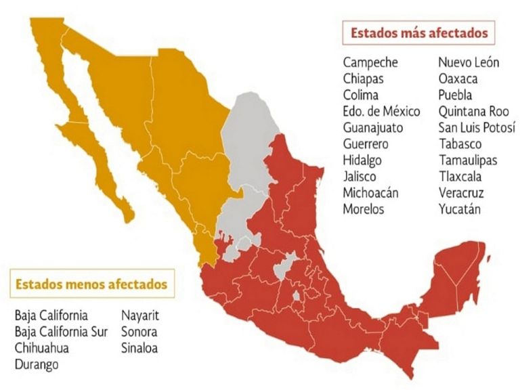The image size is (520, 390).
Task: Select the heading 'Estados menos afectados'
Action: coord(91,284)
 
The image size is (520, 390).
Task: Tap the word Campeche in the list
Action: coord(370,62)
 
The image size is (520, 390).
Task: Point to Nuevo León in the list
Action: coord(469,62)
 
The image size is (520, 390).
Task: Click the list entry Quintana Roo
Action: coord(473,111)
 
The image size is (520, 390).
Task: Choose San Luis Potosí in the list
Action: coord(477,127)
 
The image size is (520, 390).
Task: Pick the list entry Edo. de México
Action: coord(381,111)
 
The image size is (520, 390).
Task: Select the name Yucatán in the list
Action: coord(460,209)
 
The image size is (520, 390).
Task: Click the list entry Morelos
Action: coord(363,209)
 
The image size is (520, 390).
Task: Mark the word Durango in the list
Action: coord(37,364)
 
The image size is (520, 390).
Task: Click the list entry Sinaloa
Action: coord(139,348)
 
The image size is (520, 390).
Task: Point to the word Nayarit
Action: coord(140,316)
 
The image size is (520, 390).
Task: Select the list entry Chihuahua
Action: coord(42,348)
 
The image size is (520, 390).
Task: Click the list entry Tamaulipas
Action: coord(467,160)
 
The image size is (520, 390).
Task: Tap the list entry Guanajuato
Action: coord(373,127)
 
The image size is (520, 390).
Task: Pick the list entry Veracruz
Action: coord(461,193)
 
